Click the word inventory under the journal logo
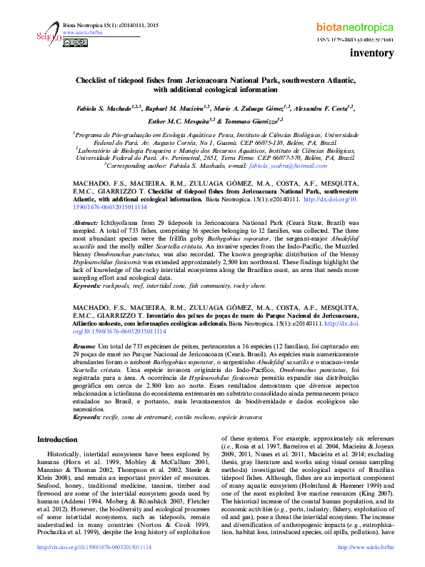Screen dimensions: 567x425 (x=372, y=54)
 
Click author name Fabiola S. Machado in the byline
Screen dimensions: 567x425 (x=105, y=107)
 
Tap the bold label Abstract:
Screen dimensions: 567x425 (x=85, y=224)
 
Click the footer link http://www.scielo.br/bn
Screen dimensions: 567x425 (x=366, y=547)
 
